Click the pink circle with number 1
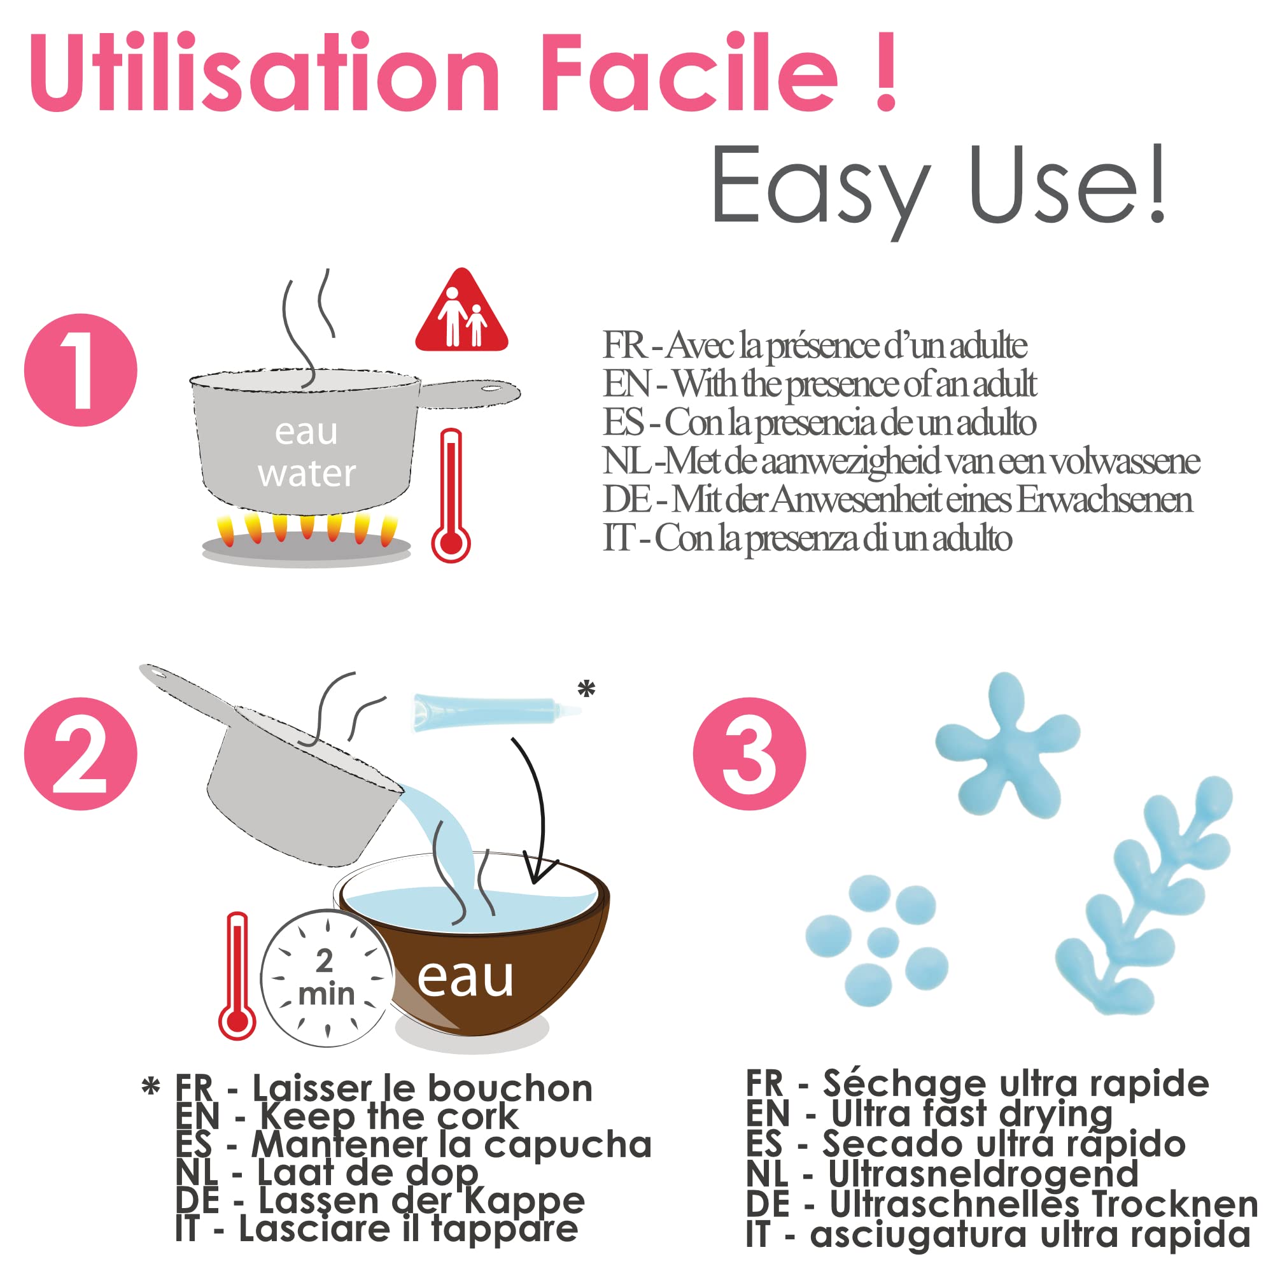coord(80,370)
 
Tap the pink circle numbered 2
coord(80,754)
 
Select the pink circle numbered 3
coord(750,754)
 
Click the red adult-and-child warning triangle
coord(461,313)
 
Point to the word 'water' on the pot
coord(306,474)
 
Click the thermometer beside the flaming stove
coord(451,495)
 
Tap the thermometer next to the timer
coord(237,976)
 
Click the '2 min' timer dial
coord(327,978)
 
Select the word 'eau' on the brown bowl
coord(465,978)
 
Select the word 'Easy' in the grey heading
coord(820,186)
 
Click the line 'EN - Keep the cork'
coord(348,1116)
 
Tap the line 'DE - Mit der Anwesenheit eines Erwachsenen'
coord(897,500)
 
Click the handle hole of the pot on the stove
coord(491,388)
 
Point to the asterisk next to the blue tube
coord(586,689)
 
